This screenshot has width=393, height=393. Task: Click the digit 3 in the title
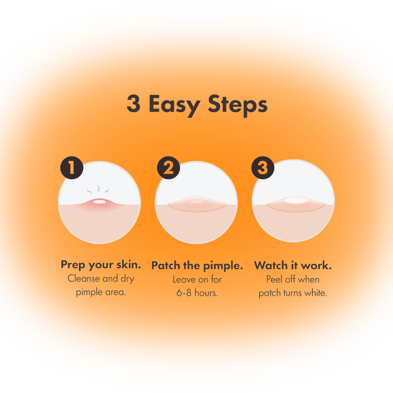click(x=133, y=103)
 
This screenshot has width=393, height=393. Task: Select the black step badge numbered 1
click(x=72, y=168)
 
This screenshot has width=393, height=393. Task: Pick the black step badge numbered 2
click(x=168, y=168)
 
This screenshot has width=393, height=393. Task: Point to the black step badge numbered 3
click(x=263, y=168)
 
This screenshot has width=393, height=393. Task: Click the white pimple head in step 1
click(x=99, y=202)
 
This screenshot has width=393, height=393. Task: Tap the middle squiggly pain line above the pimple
click(x=99, y=188)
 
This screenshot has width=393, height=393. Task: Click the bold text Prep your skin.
click(x=101, y=265)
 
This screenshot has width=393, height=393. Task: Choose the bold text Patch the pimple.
click(x=197, y=266)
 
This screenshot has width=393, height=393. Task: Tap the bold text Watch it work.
click(x=293, y=265)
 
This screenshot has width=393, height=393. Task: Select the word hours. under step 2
click(x=206, y=293)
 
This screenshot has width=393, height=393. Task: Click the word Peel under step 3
click(x=274, y=279)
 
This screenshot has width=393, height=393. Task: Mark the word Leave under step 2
click(x=184, y=279)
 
